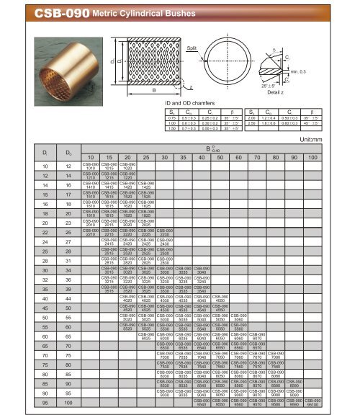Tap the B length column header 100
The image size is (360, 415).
coord(312,157)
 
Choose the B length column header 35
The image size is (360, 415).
coord(184,157)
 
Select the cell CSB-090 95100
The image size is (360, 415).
coord(312,403)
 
